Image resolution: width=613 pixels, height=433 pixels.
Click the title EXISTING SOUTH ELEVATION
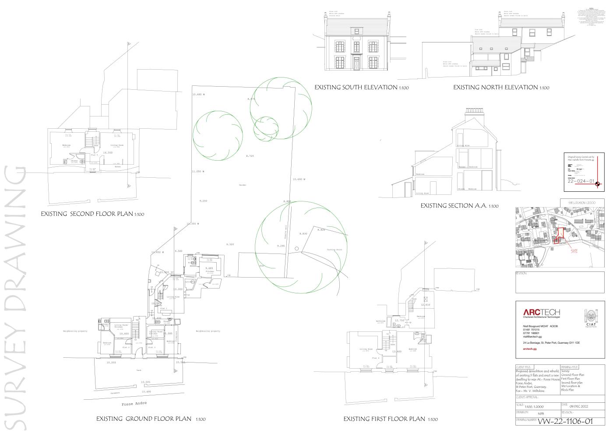361,88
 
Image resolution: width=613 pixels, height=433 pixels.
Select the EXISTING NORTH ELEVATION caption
500,88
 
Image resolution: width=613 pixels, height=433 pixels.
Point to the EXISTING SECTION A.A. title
459,205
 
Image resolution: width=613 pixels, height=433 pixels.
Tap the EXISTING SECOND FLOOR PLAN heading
92,214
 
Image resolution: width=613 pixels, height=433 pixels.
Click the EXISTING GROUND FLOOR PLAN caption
151,419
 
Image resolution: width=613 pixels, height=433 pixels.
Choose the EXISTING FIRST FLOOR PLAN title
390,419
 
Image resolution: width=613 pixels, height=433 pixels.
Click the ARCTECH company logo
542,312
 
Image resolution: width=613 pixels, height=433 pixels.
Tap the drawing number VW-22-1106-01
565,421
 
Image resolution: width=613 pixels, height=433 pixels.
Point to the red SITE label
574,251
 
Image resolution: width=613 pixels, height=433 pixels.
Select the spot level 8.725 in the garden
250,156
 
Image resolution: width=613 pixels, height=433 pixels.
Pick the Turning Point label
334,250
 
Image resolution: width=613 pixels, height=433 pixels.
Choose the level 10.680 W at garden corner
198,95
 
